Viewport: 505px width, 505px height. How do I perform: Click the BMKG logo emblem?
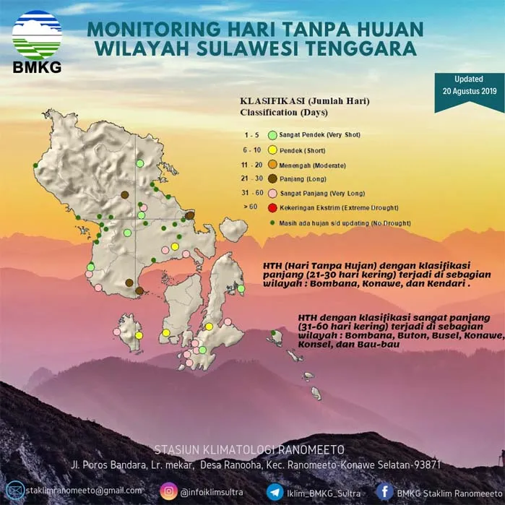pos(37,35)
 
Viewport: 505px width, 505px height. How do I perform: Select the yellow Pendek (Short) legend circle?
pos(272,150)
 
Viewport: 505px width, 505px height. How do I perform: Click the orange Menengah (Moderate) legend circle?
pos(272,165)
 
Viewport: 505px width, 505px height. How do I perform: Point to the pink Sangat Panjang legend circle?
pos(272,194)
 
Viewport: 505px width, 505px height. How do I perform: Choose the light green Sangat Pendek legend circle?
pos(272,135)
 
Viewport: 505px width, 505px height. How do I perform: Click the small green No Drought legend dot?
pos(272,222)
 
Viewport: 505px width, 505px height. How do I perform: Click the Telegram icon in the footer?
pos(275,491)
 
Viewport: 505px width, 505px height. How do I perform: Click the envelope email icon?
pos(14,491)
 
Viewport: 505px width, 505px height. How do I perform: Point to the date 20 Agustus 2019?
pos(470,91)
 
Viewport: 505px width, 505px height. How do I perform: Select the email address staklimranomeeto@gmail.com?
pos(84,491)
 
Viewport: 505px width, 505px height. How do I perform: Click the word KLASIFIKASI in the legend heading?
pos(266,101)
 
